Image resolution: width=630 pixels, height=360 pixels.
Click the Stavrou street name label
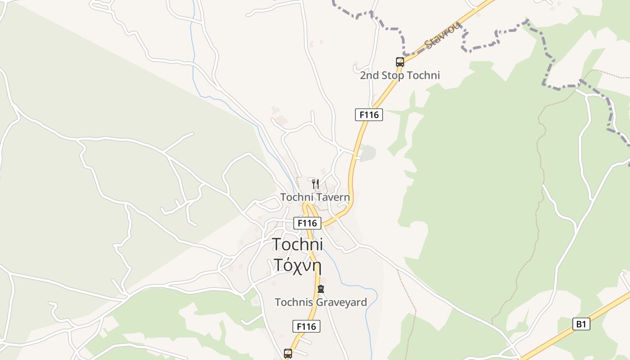click(443, 35)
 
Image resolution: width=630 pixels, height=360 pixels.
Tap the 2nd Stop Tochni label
click(400, 75)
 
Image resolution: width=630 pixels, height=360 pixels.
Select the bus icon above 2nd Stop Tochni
click(400, 62)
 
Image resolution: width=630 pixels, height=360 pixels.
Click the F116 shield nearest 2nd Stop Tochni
click(369, 115)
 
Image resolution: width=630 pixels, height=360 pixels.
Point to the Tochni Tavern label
click(315, 197)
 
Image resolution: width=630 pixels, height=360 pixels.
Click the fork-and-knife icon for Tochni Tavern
click(315, 184)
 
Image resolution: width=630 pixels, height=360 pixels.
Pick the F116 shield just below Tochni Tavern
click(307, 223)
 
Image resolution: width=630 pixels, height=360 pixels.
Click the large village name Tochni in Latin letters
click(297, 244)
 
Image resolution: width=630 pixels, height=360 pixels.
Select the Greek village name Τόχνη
click(297, 265)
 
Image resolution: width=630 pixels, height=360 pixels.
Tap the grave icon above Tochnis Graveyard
click(321, 289)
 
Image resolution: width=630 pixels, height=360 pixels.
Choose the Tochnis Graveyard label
click(321, 302)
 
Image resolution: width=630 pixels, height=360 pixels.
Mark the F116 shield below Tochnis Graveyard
click(306, 326)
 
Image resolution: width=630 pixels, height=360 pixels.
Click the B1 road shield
click(581, 324)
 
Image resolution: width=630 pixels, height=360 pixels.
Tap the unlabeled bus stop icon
click(288, 354)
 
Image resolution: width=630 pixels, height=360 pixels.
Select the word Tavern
click(333, 197)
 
